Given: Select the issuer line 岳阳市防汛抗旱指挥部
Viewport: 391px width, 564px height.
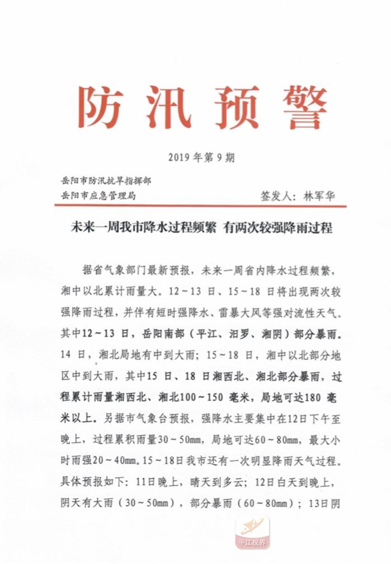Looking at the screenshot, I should (x=106, y=181).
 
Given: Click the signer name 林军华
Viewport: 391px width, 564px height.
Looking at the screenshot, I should (x=321, y=197).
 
